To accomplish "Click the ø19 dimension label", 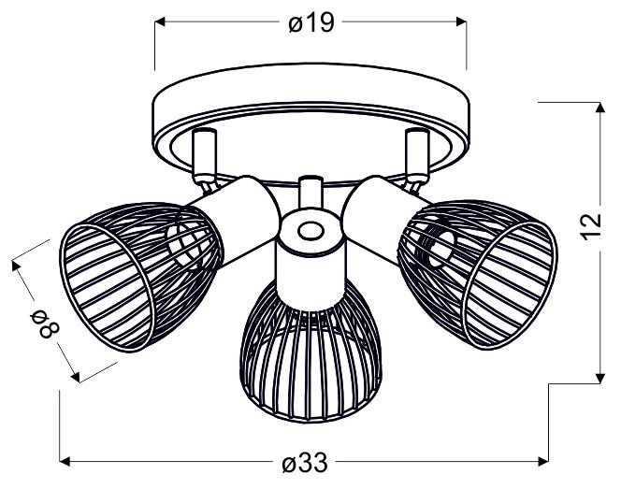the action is [311, 22].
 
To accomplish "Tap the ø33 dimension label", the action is [305, 462].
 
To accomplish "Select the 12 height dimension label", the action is [592, 227].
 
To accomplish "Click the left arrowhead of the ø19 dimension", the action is [159, 22].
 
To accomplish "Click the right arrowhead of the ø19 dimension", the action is [461, 22].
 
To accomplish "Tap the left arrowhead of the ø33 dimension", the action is [65, 461].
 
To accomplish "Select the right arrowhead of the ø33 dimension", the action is [543, 461].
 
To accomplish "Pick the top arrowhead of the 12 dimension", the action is [600, 108].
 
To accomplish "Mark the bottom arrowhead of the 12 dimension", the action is [600, 379].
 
